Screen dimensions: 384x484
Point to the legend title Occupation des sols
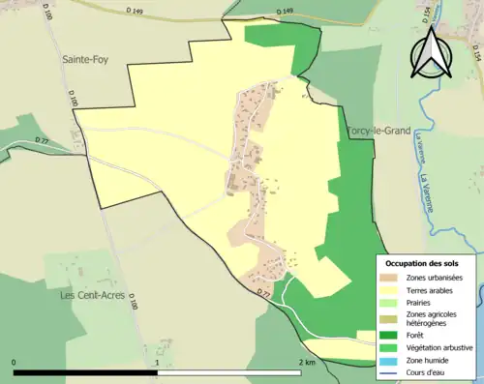pyautogui.click(x=422, y=263)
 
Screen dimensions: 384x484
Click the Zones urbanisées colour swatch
pyautogui.click(x=392, y=279)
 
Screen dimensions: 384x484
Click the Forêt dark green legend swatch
pyautogui.click(x=392, y=337)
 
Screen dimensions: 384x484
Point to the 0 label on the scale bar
pyautogui.click(x=15, y=363)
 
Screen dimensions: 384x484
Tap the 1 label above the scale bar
pyautogui.click(x=158, y=363)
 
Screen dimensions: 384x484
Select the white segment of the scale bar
pyautogui.click(x=229, y=371)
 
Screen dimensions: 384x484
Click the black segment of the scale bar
pyautogui.click(x=86, y=371)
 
